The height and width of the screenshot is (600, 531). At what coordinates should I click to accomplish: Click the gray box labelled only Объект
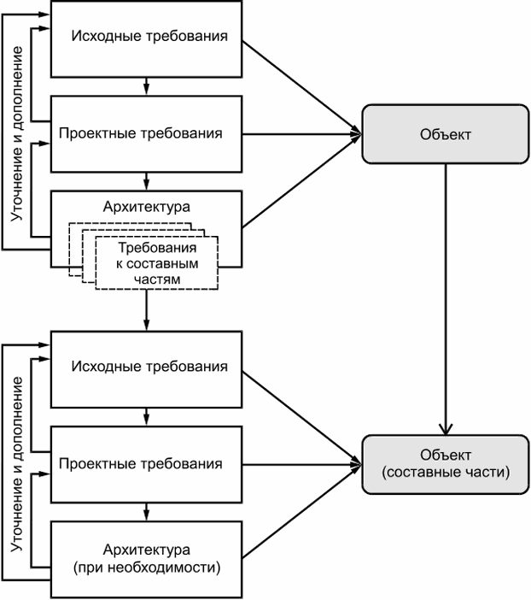click(446, 134)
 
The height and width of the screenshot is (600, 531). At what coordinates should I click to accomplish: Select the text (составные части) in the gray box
click(446, 472)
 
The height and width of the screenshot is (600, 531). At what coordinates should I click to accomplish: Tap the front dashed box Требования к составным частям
click(157, 263)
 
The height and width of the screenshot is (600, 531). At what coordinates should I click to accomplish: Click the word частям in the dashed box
click(157, 279)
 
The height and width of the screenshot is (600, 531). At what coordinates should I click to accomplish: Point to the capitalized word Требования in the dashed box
click(157, 248)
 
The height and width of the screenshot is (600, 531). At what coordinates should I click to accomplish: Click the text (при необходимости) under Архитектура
click(147, 567)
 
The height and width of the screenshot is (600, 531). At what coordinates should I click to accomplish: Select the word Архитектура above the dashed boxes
click(147, 207)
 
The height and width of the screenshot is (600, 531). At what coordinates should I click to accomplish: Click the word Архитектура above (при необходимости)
click(147, 550)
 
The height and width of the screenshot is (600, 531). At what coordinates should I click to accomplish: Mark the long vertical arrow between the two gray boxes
click(446, 299)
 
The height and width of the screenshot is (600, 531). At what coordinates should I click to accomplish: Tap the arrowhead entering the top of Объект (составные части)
click(446, 429)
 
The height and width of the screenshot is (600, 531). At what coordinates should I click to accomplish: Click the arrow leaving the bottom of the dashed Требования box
click(146, 310)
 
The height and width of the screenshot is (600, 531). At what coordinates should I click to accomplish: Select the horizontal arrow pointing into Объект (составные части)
click(302, 465)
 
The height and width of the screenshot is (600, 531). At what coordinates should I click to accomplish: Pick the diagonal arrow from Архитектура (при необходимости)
click(302, 511)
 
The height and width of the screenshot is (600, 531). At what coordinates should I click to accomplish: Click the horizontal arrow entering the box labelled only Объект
click(302, 134)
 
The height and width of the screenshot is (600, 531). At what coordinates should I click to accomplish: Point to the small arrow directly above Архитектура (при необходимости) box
click(146, 512)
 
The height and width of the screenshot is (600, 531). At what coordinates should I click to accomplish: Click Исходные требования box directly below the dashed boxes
click(147, 369)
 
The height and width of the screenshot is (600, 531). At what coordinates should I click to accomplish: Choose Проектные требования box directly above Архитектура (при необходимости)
click(147, 465)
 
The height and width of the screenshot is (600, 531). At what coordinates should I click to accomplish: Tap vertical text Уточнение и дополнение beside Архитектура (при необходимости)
click(17, 464)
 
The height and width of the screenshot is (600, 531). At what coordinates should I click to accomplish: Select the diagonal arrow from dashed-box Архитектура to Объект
click(302, 181)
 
